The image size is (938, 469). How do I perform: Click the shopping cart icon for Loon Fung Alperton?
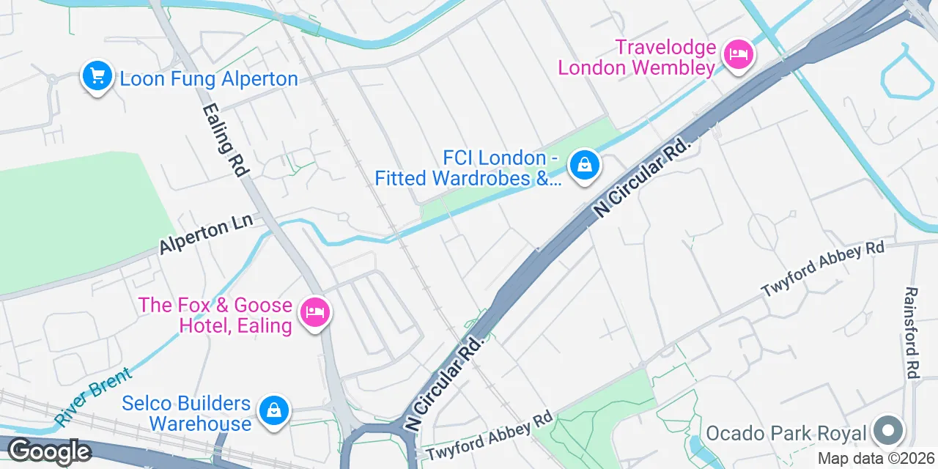[x=97, y=75]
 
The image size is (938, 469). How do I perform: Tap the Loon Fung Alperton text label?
[x=209, y=79]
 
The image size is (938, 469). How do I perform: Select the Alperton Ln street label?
[x=206, y=234]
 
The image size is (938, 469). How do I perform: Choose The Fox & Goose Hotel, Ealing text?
[x=215, y=315]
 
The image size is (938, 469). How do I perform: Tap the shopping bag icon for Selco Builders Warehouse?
[x=273, y=410]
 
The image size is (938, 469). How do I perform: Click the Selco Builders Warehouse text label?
[x=186, y=413]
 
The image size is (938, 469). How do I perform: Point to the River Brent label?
[x=93, y=396]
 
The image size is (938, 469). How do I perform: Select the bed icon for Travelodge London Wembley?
[x=738, y=53]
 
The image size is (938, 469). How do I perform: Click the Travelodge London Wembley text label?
[x=636, y=58]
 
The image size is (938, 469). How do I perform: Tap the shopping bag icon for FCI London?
[x=585, y=165]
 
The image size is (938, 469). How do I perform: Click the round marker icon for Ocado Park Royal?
[x=888, y=430]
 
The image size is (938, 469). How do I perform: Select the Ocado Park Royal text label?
[x=786, y=433]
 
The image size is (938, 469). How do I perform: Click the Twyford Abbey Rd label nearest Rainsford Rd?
[x=823, y=268]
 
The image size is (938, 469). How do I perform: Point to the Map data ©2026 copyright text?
[x=876, y=459]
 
